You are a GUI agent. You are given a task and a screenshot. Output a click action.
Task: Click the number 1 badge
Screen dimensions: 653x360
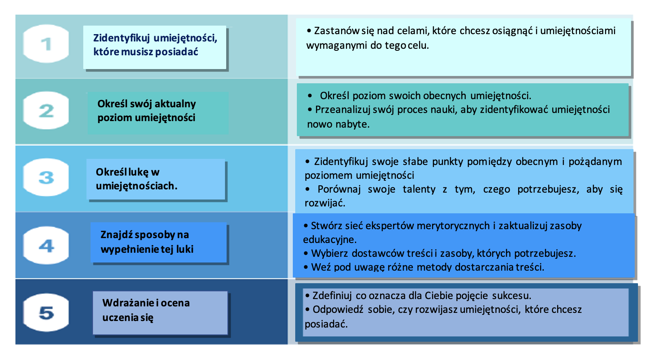point(46,44)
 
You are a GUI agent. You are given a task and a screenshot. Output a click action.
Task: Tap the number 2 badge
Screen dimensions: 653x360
point(46,111)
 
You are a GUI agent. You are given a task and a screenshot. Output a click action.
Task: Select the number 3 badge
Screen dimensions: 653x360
point(46,177)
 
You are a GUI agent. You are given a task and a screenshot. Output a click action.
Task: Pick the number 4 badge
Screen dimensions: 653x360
point(46,246)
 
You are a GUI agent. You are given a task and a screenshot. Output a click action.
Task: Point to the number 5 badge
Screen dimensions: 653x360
point(46,313)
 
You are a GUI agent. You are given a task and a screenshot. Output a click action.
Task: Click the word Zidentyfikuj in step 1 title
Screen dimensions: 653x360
point(121,38)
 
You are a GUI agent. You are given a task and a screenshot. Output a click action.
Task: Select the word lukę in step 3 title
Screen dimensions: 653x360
point(138,172)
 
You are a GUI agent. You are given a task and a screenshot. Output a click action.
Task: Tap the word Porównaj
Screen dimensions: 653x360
point(339,189)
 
